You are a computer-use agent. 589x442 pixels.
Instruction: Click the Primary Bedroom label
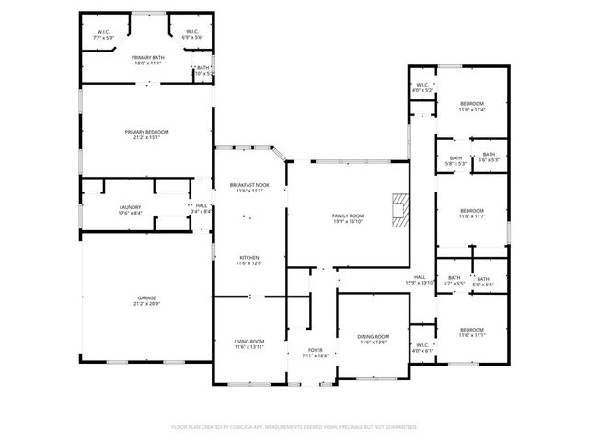coord(147,133)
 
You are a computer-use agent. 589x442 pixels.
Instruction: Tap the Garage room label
coord(147,298)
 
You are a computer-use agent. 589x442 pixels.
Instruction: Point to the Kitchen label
coord(249,257)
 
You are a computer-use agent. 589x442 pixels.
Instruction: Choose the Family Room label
coord(348,215)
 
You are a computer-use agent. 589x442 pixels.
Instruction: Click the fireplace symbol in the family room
coord(398,209)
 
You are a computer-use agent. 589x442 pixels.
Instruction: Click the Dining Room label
coord(374,337)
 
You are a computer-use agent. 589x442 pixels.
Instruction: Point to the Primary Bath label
coord(147,57)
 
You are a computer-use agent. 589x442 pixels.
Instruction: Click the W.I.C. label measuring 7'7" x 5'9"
coord(103,32)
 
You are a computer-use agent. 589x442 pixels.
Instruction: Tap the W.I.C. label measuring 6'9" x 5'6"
coord(191,32)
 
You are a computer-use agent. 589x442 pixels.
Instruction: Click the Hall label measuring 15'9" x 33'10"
coord(420,277)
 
